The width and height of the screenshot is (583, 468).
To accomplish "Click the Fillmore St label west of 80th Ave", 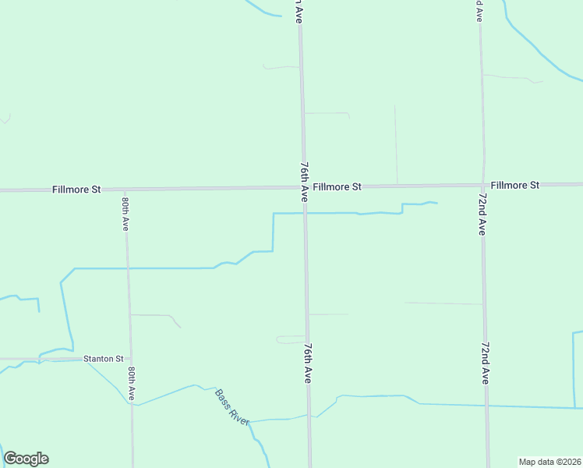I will coord(77,190).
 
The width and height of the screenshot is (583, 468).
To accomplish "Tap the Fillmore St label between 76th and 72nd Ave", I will coord(337,187).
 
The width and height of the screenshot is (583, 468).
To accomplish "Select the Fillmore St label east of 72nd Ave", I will coord(515,186).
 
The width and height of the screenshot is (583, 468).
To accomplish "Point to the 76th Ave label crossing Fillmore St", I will coord(304,183).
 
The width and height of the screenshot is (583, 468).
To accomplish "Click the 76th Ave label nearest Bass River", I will coord(308,363).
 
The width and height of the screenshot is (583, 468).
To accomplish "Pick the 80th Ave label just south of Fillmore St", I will coord(125,213).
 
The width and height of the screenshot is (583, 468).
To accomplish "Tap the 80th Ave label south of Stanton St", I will coord(132,383).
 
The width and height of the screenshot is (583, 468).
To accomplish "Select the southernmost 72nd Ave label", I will coord(486,363).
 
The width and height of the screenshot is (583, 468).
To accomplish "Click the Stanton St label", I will coord(103,359).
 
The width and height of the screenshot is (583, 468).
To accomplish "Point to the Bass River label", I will coord(231,406).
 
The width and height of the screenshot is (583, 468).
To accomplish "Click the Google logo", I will coord(26,459).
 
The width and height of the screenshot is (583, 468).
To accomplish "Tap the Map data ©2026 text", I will coord(549,462).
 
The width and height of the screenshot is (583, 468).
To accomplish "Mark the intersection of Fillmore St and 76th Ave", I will coord(304,187).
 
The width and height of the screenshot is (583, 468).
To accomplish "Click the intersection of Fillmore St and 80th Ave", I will coord(125,190).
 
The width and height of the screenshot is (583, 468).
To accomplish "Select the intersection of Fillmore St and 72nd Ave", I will coord(482,186).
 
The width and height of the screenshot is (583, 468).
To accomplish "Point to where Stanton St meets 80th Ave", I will coord(129,359).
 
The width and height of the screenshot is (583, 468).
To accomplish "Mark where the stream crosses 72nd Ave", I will coord(487,406).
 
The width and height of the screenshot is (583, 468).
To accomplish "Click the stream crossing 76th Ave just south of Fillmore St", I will coord(305,213).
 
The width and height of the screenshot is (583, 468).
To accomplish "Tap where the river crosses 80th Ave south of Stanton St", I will coord(131,402).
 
